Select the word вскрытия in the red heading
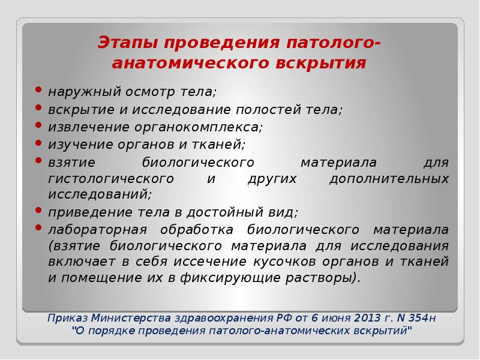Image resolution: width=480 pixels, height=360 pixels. tap(323, 63)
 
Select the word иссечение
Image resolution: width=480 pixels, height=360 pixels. tap(207, 262)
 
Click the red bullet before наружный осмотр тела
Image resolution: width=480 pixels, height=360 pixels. tap(39, 91)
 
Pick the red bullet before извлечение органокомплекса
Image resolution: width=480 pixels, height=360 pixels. tap(39, 126)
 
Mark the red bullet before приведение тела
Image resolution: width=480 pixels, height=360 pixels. tap(39, 211)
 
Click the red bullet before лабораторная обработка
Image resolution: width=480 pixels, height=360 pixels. tap(39, 229)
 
